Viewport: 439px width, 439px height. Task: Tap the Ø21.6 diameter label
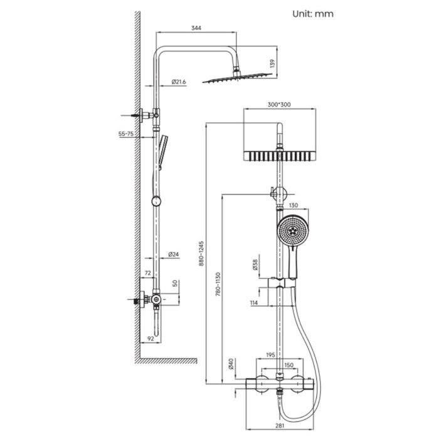coord(179,82)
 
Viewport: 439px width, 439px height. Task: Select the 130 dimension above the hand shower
coord(293,205)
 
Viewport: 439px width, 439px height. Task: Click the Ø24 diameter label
coord(174,254)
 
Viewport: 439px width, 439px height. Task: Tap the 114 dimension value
coord(254,304)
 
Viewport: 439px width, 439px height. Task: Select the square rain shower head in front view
coord(278,155)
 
